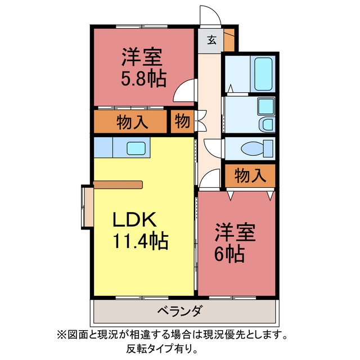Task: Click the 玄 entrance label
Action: point(212,40)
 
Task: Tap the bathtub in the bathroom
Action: point(263,74)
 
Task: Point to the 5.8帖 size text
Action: point(143,79)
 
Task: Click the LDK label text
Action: point(135,219)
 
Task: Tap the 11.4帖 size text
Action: point(140,241)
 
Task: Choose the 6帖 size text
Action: point(229,254)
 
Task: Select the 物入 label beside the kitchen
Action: point(132,121)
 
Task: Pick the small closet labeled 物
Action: point(182,121)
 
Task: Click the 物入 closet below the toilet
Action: point(250,175)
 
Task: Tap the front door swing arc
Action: point(217,12)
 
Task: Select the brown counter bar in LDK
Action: point(118,185)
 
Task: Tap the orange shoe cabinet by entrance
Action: point(229,40)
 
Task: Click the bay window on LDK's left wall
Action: point(87,207)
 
